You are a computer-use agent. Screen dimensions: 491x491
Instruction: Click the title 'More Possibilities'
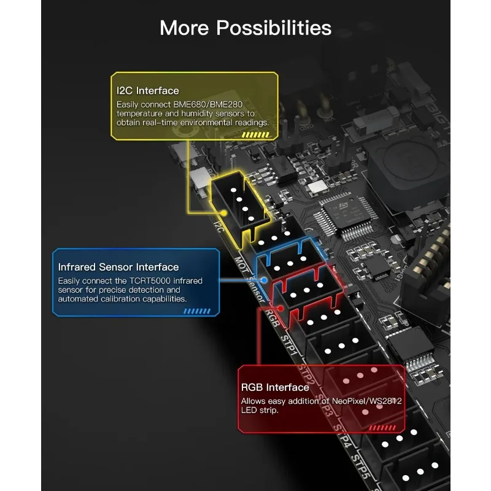click(245, 28)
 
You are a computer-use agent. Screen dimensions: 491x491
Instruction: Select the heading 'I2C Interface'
click(148, 91)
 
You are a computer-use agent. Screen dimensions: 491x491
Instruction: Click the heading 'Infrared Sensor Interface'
click(118, 267)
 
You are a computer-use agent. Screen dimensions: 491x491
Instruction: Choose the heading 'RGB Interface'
click(275, 387)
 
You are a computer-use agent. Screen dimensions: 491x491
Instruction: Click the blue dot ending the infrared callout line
click(264, 280)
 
